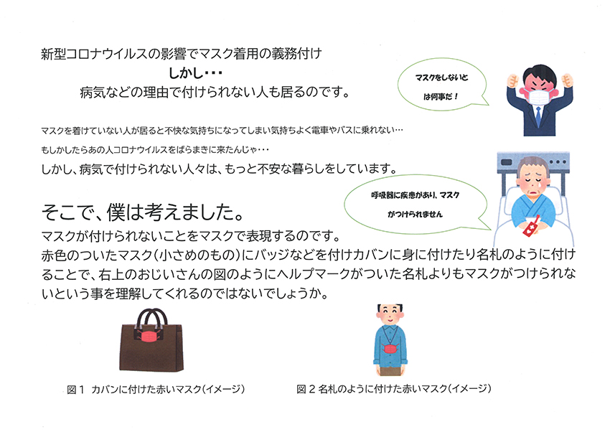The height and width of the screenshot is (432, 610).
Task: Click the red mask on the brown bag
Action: coord(149,336)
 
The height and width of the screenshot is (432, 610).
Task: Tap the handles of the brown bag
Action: coord(151,318)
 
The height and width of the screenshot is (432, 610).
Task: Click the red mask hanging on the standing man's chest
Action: coord(390,349)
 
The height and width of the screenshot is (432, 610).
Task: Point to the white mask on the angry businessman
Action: coord(539,96)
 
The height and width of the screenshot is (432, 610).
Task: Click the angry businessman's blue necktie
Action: coord(538,116)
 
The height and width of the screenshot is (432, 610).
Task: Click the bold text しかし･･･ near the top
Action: coord(195,72)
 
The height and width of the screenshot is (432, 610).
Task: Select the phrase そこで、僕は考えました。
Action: coord(142,212)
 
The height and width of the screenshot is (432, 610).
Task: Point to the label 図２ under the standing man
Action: coord(306,389)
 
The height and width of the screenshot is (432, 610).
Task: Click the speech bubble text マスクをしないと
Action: coord(441,78)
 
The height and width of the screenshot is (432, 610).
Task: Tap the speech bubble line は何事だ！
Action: coord(441,96)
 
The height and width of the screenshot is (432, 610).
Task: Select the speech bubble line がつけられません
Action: coord(415,215)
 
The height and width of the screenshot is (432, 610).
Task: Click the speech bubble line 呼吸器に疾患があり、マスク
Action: coord(415,195)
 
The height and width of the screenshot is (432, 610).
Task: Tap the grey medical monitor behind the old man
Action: coord(533,161)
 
